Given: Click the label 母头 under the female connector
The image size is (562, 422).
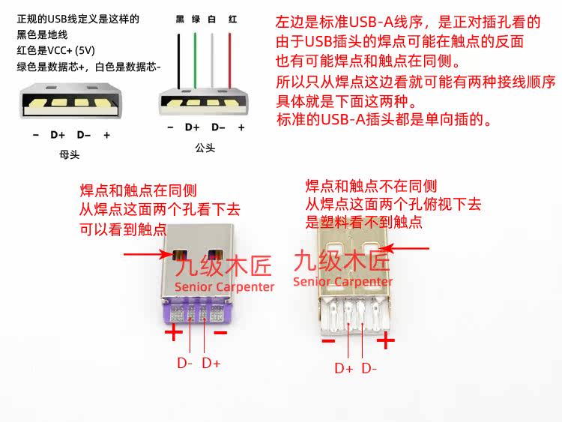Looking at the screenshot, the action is (69, 155).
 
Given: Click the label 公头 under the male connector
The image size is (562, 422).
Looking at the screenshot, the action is (205, 148).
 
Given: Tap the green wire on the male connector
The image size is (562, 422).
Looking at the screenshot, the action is (195, 60).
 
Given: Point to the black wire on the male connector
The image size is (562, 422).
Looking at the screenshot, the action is (179, 60).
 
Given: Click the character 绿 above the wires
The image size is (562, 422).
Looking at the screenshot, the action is (196, 18).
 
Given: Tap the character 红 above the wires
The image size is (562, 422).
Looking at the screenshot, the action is (232, 18).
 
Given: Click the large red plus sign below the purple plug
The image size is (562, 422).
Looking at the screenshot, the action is (173, 331).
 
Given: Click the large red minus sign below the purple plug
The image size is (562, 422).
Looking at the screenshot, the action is (220, 331).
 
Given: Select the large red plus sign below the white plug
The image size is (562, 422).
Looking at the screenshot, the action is (385, 341).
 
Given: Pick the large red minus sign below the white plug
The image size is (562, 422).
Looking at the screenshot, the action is (328, 341).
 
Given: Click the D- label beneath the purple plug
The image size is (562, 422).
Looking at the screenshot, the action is (185, 364).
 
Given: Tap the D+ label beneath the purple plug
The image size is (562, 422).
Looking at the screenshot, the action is (212, 364).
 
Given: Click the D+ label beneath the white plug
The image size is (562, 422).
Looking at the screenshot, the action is (343, 368).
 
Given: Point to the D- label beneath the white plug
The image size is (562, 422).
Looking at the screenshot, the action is (369, 368).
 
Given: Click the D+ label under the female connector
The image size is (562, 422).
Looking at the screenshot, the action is (58, 136).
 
